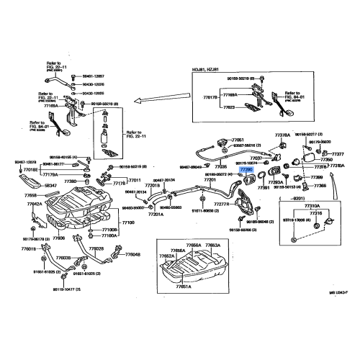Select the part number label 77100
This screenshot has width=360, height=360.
127,222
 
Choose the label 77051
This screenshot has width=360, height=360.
238,140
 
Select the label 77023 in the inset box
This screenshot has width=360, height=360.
229,106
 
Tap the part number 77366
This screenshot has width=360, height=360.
318,186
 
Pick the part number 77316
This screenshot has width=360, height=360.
316,213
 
